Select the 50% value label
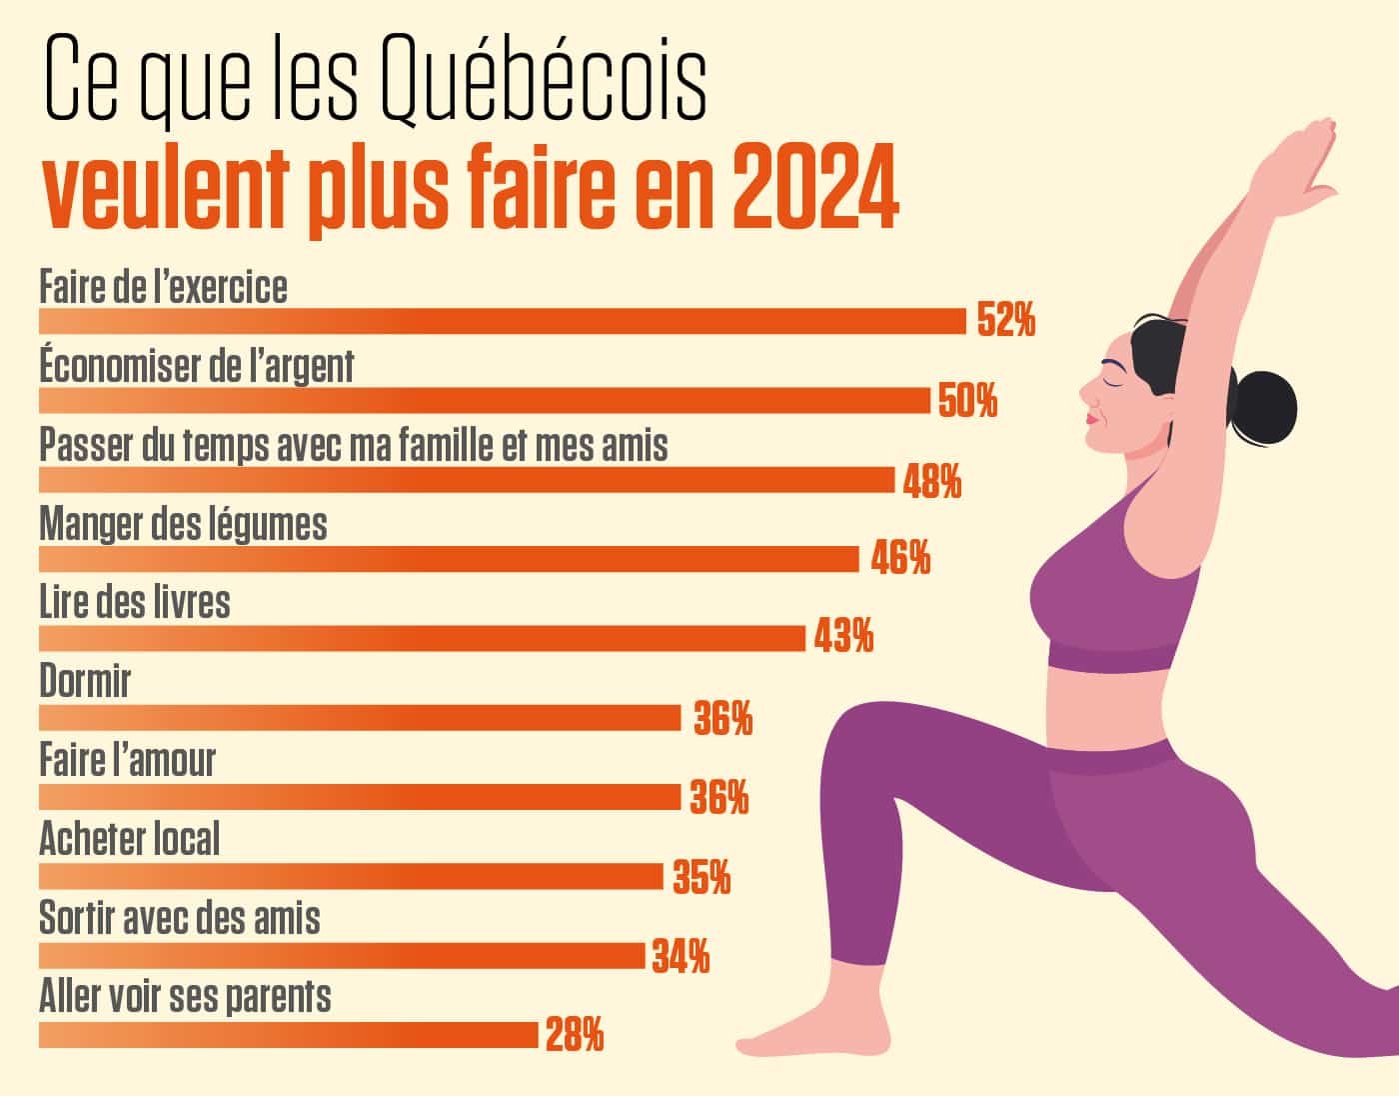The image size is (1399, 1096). (x=967, y=401)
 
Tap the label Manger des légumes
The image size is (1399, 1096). (x=183, y=525)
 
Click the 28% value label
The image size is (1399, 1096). (x=575, y=1035)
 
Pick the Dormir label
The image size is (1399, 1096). (x=85, y=682)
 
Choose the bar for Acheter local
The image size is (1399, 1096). (x=351, y=876)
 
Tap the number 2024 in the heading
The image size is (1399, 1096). (x=814, y=190)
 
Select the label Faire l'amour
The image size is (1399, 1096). (x=127, y=761)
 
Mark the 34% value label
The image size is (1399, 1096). (x=681, y=957)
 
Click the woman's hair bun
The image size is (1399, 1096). (x=1263, y=404)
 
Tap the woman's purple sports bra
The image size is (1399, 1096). (x=1114, y=590)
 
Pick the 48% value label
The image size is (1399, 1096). (x=932, y=481)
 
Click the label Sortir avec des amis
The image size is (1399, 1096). (x=180, y=918)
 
